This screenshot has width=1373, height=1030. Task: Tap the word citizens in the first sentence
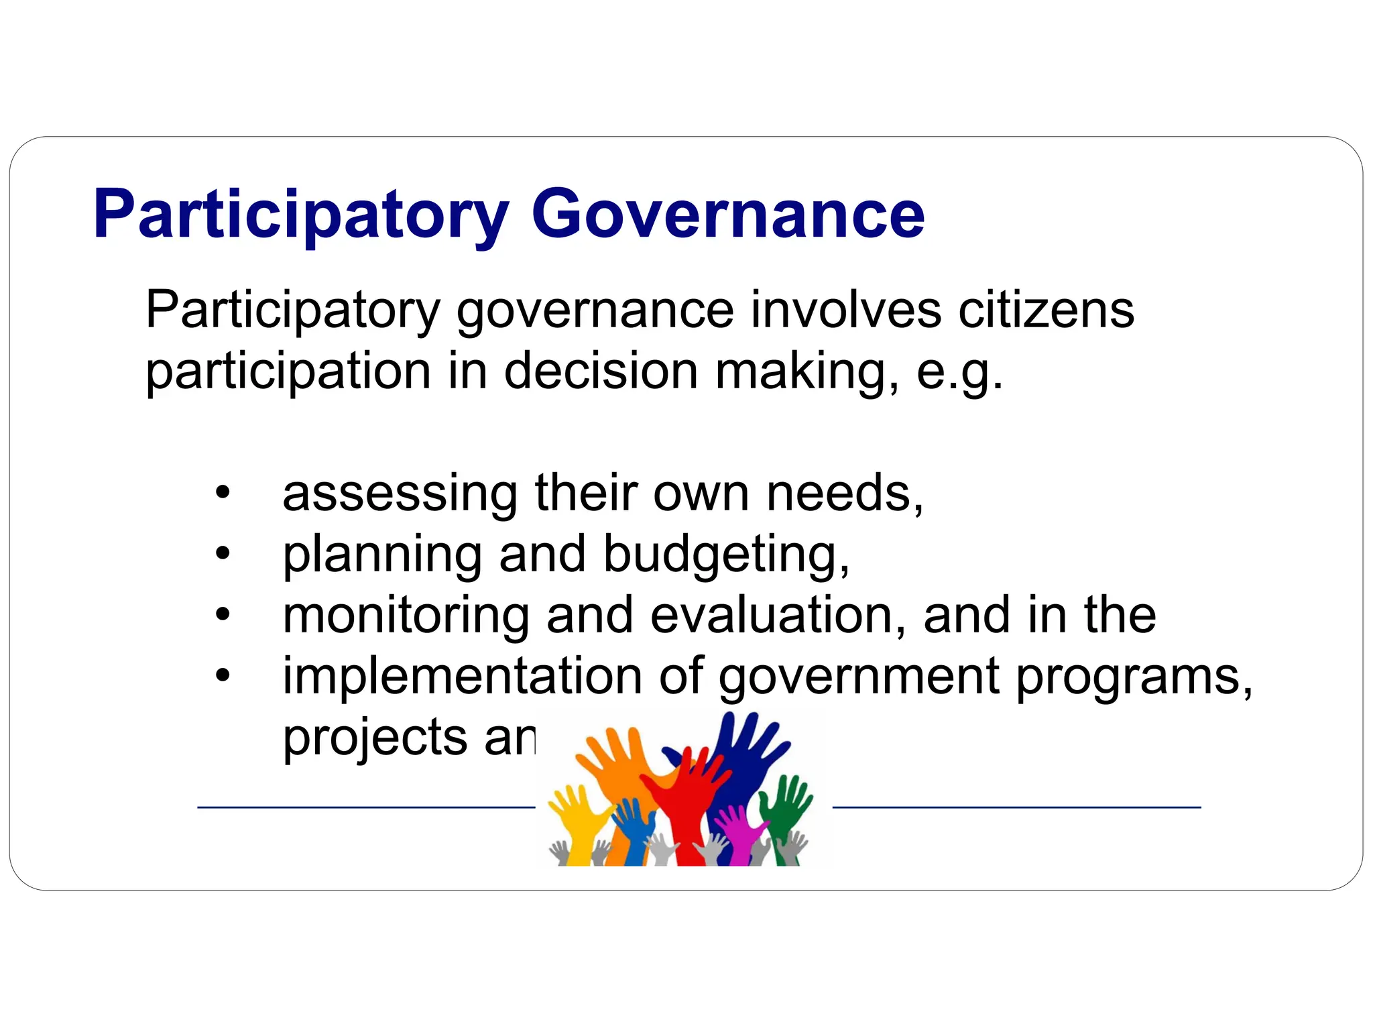point(1046,310)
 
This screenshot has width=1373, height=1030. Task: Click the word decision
point(601,371)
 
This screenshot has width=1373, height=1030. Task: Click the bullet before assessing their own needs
point(223,493)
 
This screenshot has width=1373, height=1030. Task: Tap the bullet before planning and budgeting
point(223,554)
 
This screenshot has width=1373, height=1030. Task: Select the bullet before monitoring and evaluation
point(223,615)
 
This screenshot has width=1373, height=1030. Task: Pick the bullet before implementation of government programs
point(223,676)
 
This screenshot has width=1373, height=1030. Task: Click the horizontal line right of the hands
point(1016,807)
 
